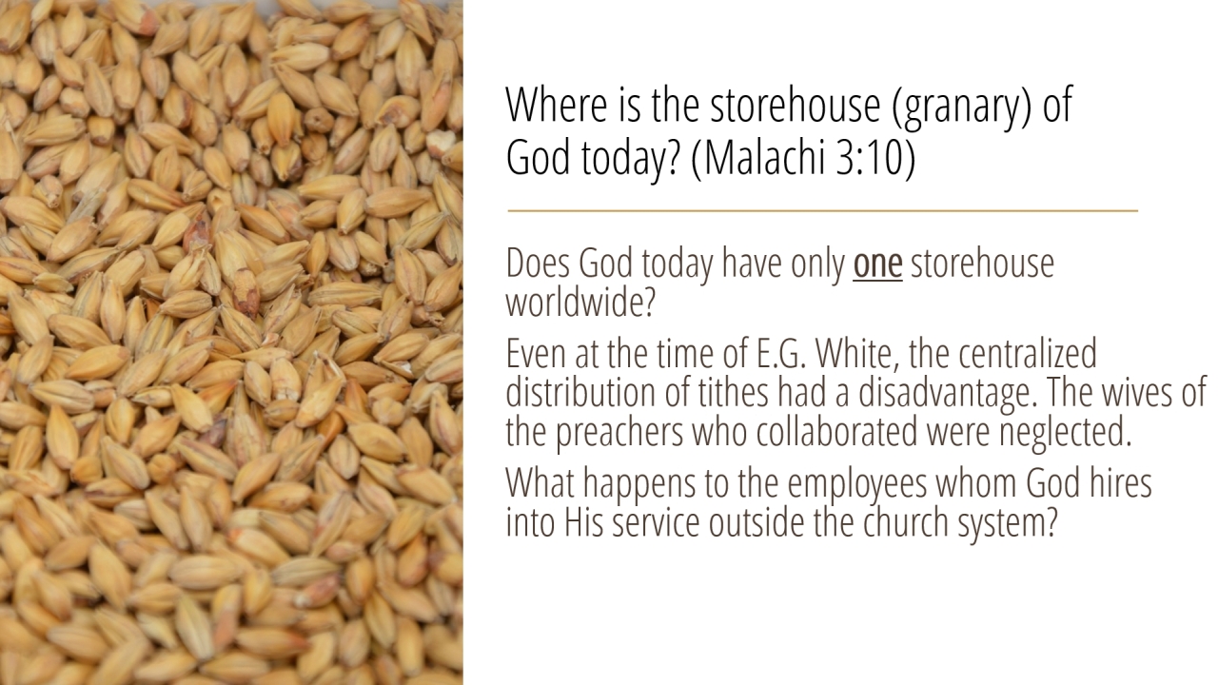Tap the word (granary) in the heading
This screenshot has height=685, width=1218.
tap(961, 108)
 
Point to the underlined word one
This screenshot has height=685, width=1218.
tap(877, 264)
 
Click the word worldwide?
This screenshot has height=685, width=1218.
tap(580, 303)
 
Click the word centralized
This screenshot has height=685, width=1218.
tap(1027, 353)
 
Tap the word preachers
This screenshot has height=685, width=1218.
tap(619, 433)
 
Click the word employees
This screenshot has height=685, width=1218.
tap(857, 485)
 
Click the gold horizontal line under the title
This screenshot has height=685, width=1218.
tap(823, 210)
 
